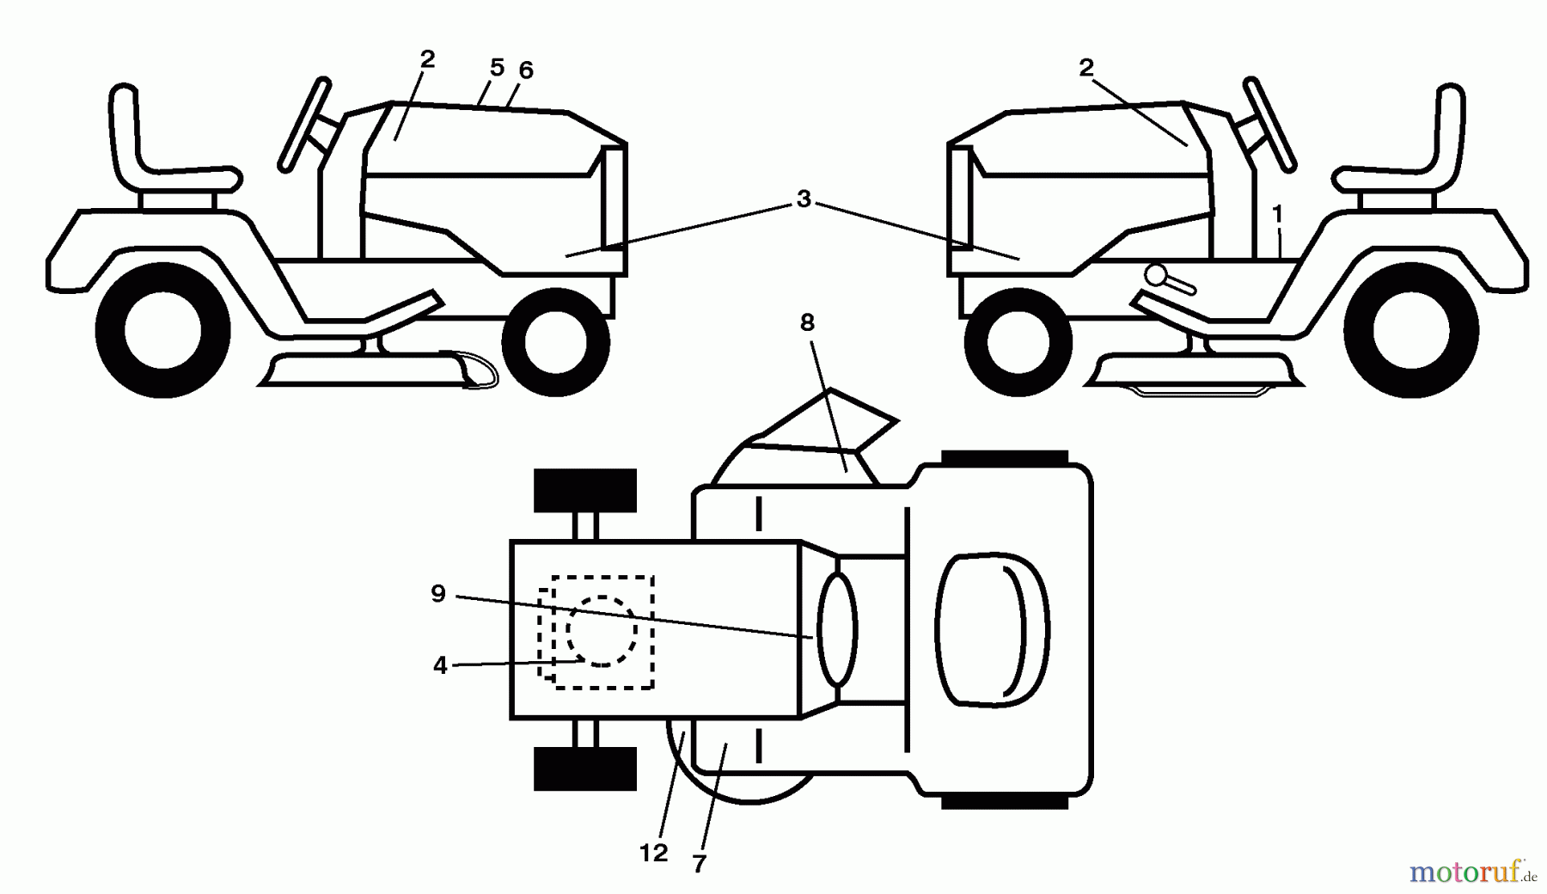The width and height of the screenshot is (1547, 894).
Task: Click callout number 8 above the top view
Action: (806, 323)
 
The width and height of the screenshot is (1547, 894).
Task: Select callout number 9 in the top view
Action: (438, 593)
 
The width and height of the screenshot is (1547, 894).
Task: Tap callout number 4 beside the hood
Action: (440, 665)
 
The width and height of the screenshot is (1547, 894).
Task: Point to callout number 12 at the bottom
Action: (654, 853)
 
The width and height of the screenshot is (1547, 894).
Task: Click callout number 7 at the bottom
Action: (699, 864)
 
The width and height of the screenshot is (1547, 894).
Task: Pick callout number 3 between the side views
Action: (804, 199)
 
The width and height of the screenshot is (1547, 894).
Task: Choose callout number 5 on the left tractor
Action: (497, 66)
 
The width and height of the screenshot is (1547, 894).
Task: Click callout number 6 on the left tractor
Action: (526, 70)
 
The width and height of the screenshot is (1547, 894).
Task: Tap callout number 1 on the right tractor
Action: (1277, 212)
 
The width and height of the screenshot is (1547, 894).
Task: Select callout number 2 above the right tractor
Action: (1086, 68)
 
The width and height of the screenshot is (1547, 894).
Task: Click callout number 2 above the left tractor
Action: (427, 59)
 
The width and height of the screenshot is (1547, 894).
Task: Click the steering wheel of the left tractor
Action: (303, 123)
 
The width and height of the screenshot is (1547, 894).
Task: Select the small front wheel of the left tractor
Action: (555, 343)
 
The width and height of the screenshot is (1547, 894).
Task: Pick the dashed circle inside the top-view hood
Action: (602, 631)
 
